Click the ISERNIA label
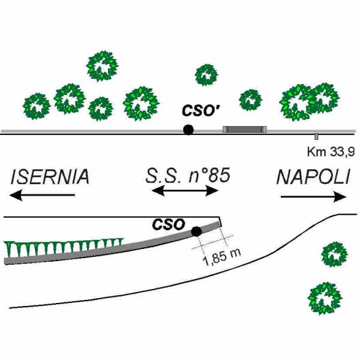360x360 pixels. pyautogui.click(x=50, y=177)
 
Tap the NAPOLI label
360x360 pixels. pyautogui.click(x=314, y=177)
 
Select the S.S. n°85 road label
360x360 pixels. pyautogui.click(x=188, y=176)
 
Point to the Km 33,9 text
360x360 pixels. pyautogui.click(x=331, y=152)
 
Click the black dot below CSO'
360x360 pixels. pyautogui.click(x=188, y=130)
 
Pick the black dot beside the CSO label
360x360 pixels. pyautogui.click(x=197, y=232)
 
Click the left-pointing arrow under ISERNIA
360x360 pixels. pyautogui.click(x=42, y=195)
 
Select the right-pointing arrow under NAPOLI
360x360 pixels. pyautogui.click(x=314, y=197)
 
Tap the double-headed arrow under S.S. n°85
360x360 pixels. pyautogui.click(x=185, y=191)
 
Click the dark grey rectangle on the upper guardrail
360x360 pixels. pyautogui.click(x=245, y=129)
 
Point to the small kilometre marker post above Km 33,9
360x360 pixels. pyautogui.click(x=316, y=136)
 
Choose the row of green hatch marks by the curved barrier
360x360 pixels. pyautogui.click(x=64, y=247)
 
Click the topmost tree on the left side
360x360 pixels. pyautogui.click(x=103, y=66)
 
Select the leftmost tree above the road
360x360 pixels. pyautogui.click(x=37, y=106)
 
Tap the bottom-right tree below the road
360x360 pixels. pyautogui.click(x=325, y=299)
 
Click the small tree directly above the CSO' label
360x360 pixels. pyautogui.click(x=206, y=75)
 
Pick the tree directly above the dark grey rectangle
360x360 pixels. pyautogui.click(x=250, y=100)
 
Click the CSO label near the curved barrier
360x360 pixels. pyautogui.click(x=169, y=224)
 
